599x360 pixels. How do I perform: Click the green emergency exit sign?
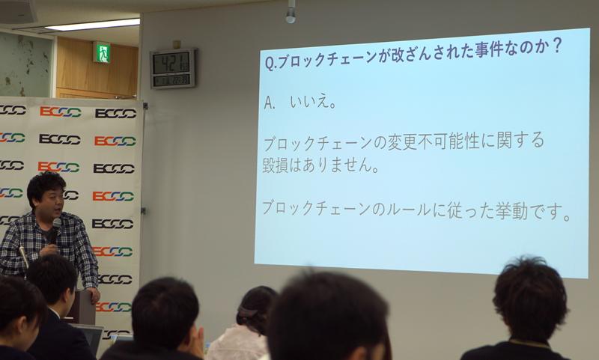(x=102, y=52)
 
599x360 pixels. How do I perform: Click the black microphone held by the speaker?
(x=55, y=230)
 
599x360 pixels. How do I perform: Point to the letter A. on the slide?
(x=270, y=103)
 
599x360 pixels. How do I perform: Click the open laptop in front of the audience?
(x=90, y=338)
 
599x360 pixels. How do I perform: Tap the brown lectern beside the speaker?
(x=84, y=307)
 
